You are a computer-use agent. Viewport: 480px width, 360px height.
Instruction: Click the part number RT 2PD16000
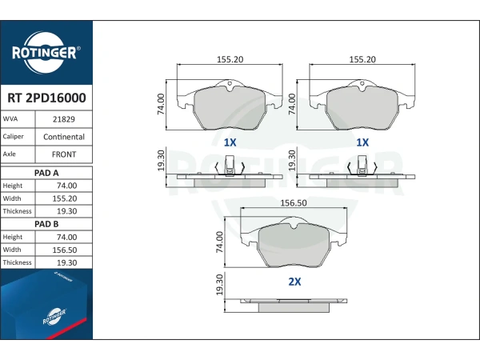[x=46, y=98]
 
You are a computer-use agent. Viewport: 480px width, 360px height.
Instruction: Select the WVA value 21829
[x=64, y=119]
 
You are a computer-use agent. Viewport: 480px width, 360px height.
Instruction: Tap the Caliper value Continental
[x=64, y=137]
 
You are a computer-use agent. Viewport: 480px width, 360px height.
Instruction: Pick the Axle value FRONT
[x=64, y=154]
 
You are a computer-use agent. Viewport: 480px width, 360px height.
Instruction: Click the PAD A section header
[x=46, y=173]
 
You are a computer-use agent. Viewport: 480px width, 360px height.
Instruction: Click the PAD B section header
[x=46, y=224]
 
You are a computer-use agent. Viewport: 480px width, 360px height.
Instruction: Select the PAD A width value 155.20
[x=65, y=198]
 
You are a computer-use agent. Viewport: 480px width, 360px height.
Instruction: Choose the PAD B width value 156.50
[x=65, y=250]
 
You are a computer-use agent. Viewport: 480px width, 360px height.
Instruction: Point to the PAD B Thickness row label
[x=17, y=262]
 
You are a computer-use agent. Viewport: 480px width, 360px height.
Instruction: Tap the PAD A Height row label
[x=13, y=186]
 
